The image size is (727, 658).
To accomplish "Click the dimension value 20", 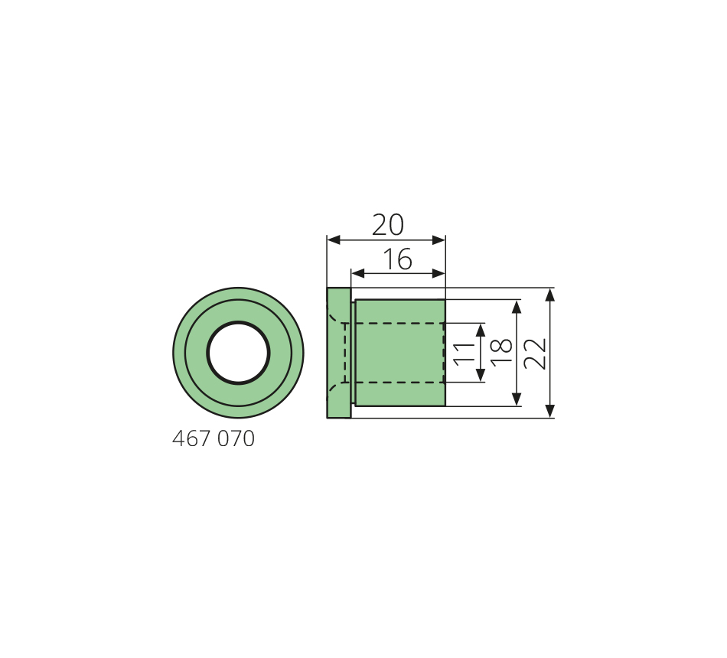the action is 388,225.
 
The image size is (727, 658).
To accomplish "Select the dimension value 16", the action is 398,259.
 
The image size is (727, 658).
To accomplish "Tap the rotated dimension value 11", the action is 465,353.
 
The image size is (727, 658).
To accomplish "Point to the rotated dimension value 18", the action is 502,353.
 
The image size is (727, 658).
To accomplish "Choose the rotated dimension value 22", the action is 535,353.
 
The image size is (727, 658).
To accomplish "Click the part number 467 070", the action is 214,438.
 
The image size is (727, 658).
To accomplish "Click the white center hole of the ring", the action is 238,353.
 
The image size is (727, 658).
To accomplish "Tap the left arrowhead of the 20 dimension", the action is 334,239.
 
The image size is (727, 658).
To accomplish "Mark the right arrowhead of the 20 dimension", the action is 438,239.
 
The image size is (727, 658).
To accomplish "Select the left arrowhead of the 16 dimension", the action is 358,274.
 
